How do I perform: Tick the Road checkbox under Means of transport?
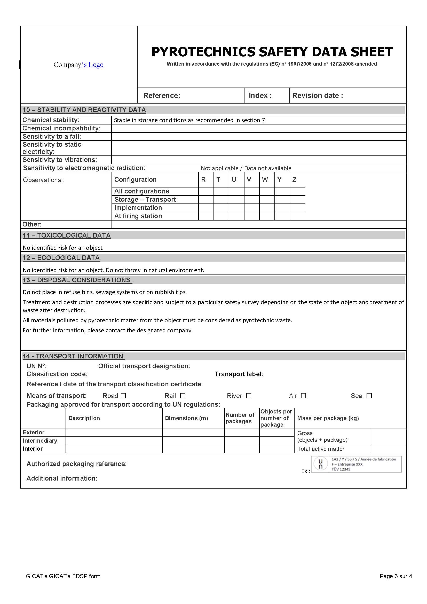coord(124,396)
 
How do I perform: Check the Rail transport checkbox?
coord(183,396)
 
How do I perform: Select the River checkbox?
coord(249,396)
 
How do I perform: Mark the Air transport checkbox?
coord(304,396)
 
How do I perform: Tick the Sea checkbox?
coord(369,396)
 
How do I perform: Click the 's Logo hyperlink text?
coord(93,65)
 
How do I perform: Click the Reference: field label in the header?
coord(162,96)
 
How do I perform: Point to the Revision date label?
coord(318,96)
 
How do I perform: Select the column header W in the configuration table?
coord(265,180)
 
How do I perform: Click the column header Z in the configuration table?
coord(294,180)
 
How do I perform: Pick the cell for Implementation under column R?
coord(206,208)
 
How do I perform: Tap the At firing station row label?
coord(138,216)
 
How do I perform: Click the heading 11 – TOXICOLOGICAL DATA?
coord(67,236)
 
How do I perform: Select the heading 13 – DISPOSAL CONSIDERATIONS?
coord(76,280)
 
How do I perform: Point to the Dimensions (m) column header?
coord(186,418)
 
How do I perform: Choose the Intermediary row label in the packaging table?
coord(40,441)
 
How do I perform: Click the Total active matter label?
coord(321,449)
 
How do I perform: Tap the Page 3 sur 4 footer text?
coord(396,576)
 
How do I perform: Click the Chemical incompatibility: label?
coord(61,128)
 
